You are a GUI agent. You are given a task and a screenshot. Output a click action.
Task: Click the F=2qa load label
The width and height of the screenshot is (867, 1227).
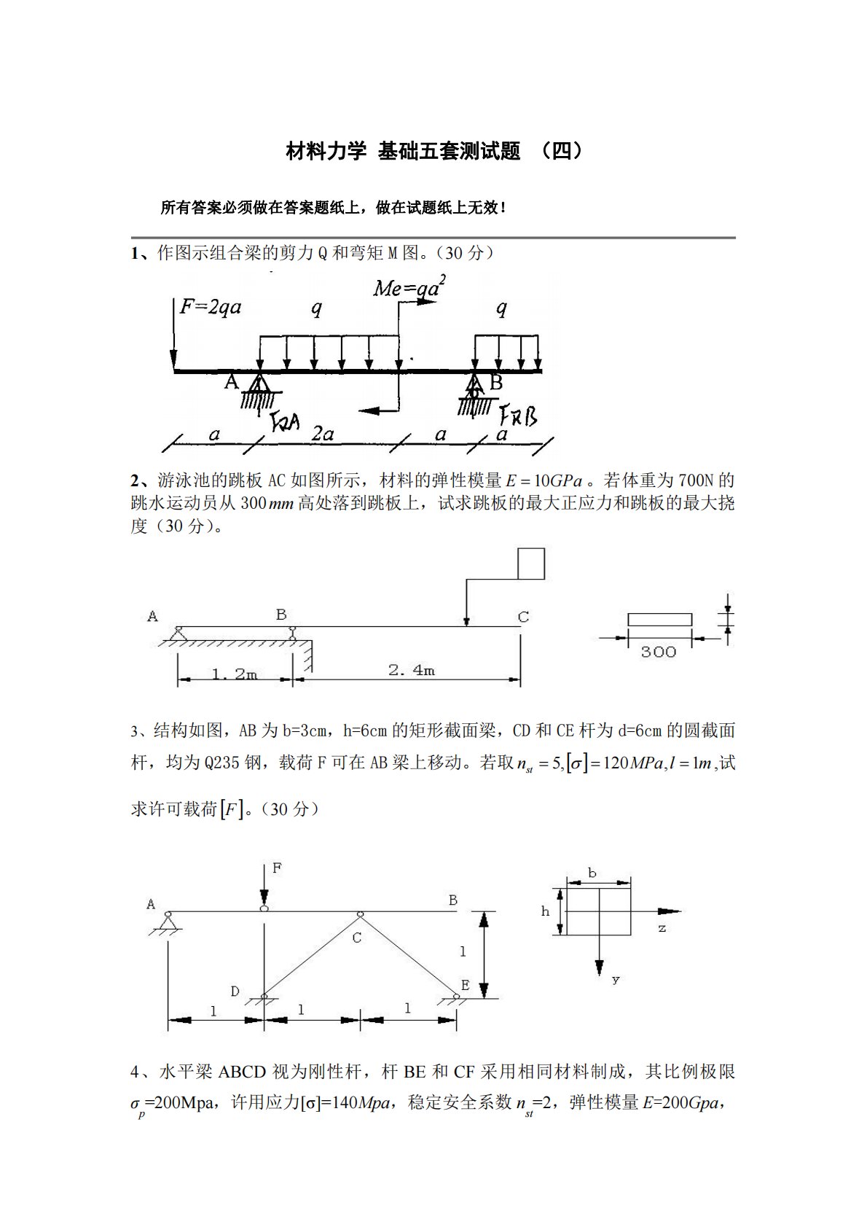[211, 307]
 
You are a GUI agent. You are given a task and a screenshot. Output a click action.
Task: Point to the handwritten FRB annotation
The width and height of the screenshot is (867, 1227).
[518, 416]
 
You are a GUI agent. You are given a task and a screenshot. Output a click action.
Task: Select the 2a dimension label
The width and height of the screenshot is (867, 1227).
[322, 434]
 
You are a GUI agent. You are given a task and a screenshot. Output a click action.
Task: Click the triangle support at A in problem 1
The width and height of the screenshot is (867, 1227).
[258, 383]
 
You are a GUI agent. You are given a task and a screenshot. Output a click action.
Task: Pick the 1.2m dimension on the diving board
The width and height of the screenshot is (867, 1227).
[235, 674]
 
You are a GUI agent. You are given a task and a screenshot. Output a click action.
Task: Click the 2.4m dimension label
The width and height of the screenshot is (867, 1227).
[412, 670]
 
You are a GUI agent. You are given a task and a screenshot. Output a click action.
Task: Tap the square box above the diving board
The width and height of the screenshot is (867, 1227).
[531, 564]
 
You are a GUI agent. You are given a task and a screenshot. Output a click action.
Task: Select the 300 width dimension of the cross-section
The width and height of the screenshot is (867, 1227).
[658, 652]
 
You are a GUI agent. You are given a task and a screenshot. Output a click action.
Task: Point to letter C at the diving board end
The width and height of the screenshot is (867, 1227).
[523, 617]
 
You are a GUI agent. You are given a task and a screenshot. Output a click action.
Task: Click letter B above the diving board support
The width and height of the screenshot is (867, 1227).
[281, 615]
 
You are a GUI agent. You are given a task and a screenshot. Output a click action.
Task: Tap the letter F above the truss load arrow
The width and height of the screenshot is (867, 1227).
[277, 868]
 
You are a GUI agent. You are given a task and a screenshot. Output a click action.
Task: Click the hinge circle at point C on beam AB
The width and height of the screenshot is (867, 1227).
[360, 914]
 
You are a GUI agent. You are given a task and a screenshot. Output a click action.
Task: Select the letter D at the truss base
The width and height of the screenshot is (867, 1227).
[235, 991]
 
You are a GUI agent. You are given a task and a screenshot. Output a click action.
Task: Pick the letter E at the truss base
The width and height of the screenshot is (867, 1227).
[465, 985]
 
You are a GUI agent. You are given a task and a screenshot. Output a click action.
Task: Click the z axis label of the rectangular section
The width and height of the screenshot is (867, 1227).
[662, 929]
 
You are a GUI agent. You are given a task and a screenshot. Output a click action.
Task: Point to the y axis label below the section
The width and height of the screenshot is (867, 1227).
[616, 979]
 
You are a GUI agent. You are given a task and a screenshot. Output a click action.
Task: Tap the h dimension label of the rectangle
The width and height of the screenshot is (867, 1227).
[545, 911]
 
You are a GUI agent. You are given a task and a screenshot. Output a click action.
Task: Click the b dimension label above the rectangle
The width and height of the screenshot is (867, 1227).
[592, 873]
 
